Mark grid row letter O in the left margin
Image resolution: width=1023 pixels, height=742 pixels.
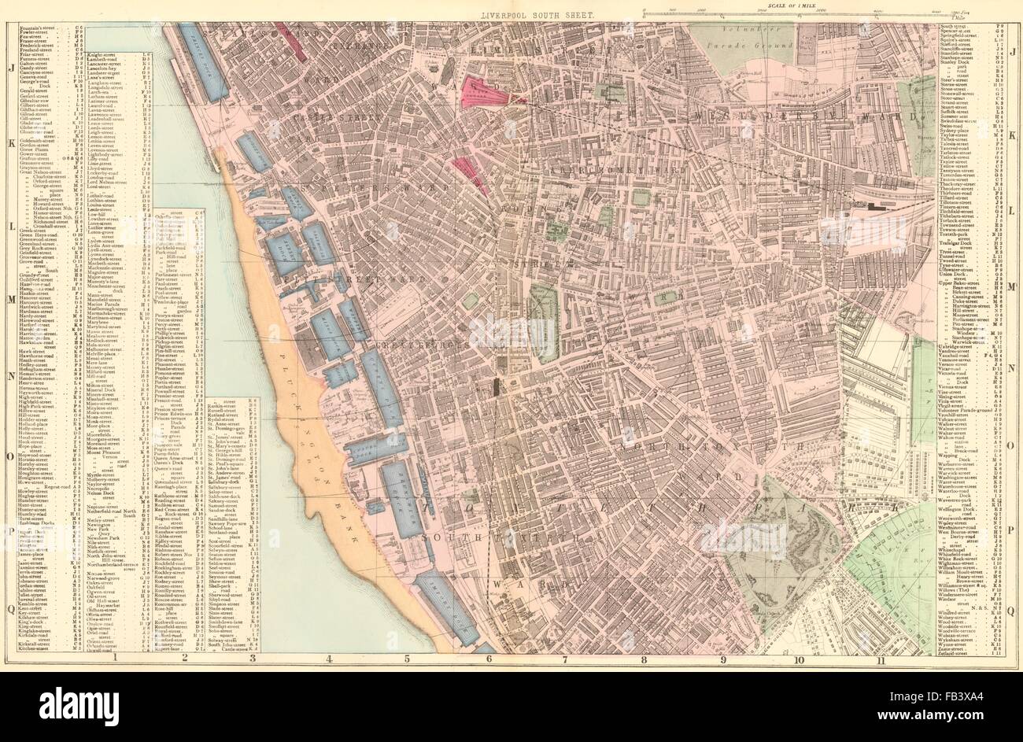point(8,457)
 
